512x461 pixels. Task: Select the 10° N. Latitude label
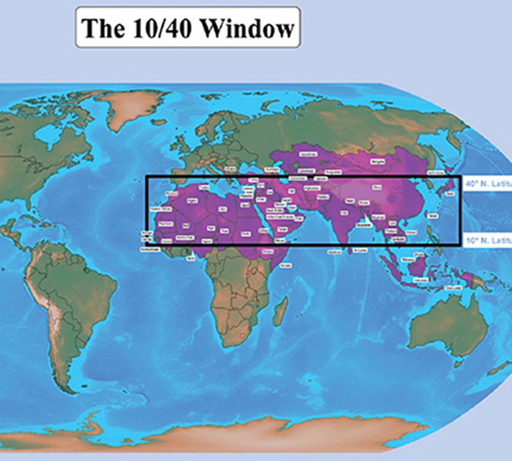coord(486,239)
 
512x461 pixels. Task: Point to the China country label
coord(377,187)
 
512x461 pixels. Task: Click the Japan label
coord(449,192)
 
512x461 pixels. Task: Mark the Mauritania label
coord(162,223)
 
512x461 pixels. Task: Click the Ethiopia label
coord(268,250)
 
